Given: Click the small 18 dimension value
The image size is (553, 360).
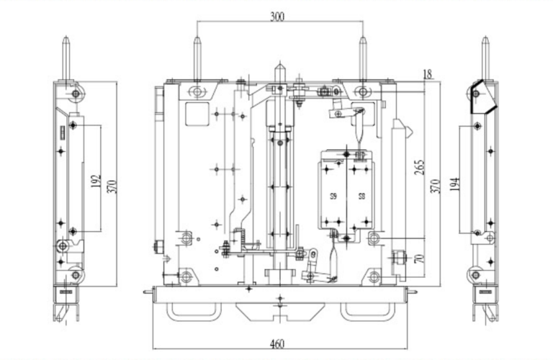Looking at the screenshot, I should pyautogui.click(x=428, y=73).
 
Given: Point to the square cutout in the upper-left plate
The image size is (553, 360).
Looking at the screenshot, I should pyautogui.click(x=197, y=114).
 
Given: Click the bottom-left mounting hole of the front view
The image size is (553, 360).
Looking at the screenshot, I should pyautogui.click(x=186, y=276).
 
